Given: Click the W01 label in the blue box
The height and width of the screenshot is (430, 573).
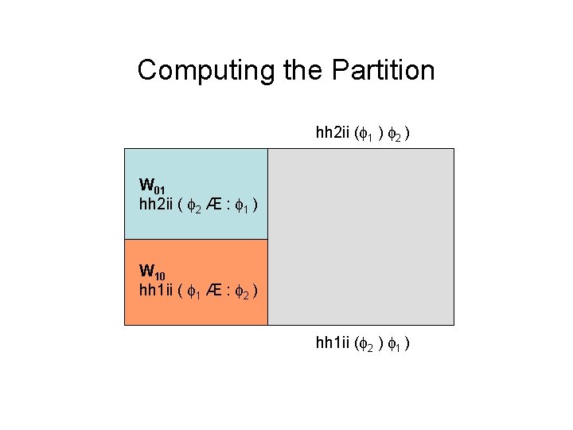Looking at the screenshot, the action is click(152, 189).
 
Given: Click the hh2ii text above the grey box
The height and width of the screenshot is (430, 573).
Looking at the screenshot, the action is click(333, 132).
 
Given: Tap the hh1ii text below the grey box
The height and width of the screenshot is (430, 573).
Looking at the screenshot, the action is click(333, 343).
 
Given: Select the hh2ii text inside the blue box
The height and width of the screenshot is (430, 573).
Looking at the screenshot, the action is click(156, 205).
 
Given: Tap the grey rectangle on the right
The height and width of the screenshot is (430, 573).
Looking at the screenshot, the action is click(361, 236).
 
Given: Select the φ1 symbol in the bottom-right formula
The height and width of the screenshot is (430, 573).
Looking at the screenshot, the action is click(398, 345).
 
